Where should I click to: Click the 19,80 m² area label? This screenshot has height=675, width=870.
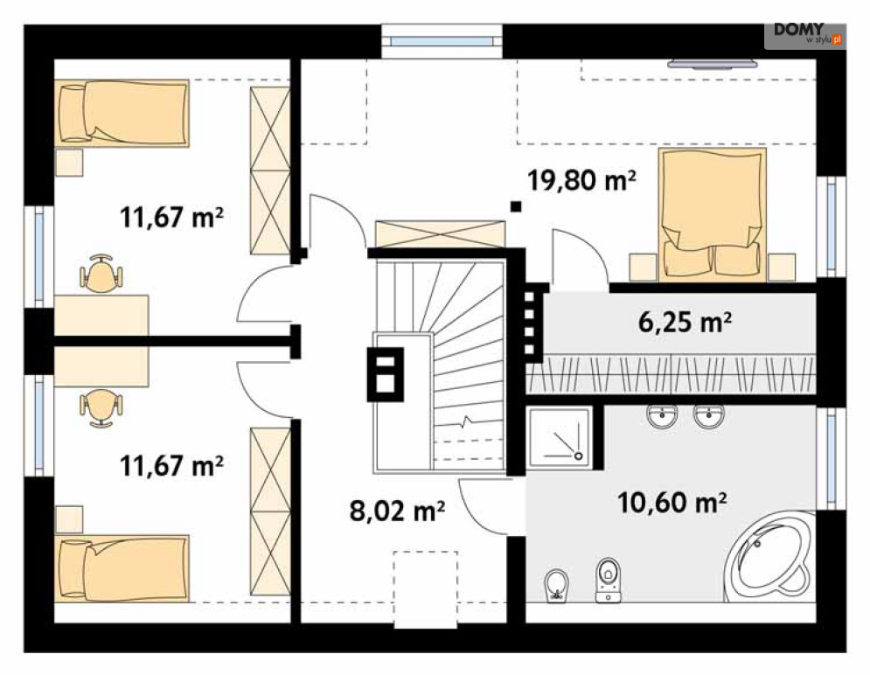[x=581, y=180]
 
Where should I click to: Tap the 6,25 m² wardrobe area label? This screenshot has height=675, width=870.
[x=685, y=322]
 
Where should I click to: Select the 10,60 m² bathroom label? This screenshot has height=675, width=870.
[x=672, y=503]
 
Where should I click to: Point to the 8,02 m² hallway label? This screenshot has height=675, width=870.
[x=397, y=511]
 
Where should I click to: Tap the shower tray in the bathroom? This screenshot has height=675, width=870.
[x=559, y=437]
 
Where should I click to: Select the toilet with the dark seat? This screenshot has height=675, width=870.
[x=608, y=580]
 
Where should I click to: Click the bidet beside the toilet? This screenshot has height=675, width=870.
[x=556, y=586]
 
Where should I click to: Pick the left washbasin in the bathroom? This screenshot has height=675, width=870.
[x=662, y=416]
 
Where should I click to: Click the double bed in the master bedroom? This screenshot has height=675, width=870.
[x=712, y=214]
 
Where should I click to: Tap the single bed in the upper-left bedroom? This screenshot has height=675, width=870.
[x=122, y=113]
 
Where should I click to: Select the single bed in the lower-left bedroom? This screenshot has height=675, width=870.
[x=122, y=568]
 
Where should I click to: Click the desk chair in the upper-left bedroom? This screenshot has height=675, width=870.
[x=101, y=274]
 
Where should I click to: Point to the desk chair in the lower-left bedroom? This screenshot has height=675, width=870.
[x=101, y=407]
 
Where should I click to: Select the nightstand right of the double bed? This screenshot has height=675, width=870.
[x=782, y=267]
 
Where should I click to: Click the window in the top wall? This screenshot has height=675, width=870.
[x=442, y=41]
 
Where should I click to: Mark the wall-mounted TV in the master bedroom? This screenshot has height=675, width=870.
[x=712, y=64]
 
